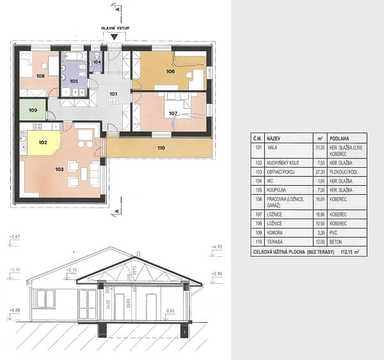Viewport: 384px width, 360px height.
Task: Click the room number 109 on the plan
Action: (x=33, y=110)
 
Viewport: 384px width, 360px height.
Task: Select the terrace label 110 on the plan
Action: (x=161, y=149)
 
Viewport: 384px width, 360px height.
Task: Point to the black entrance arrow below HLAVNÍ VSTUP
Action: (x=113, y=37)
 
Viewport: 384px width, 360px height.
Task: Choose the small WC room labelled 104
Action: (x=97, y=62)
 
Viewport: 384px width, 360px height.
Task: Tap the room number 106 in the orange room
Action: (x=170, y=71)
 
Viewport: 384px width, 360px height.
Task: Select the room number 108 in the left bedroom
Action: (x=40, y=76)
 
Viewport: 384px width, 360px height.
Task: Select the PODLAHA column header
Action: (x=339, y=137)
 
